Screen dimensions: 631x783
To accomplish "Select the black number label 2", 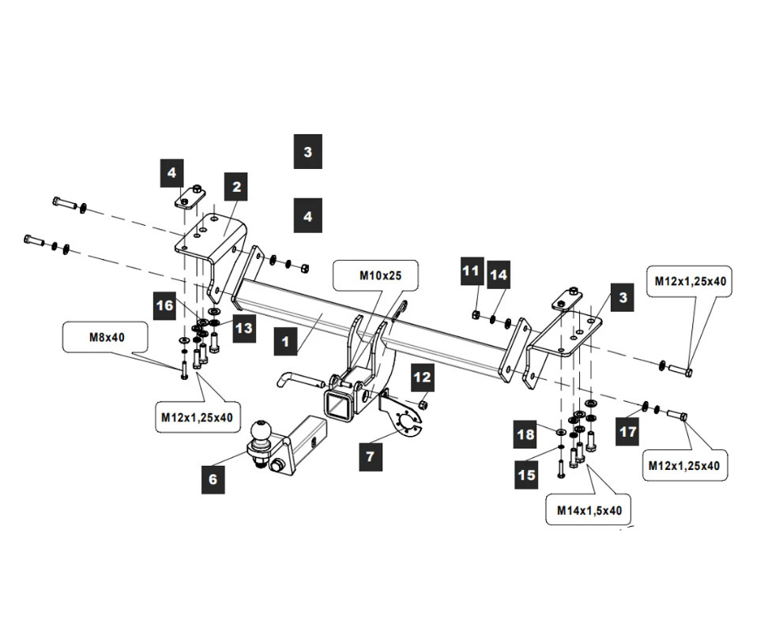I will pos(236,188).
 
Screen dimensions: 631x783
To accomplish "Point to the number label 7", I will pos(368,456).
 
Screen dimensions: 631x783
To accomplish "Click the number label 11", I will pos(472,272).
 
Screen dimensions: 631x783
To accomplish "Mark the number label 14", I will pos(499,274).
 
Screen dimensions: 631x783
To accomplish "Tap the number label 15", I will pos(527,475).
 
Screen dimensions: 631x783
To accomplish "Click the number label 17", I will pos(628,431).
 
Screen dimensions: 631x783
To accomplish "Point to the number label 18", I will pos(526,434).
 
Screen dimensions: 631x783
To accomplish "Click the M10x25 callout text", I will pos(376,276).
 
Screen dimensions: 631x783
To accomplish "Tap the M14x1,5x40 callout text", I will pos(589,511).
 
